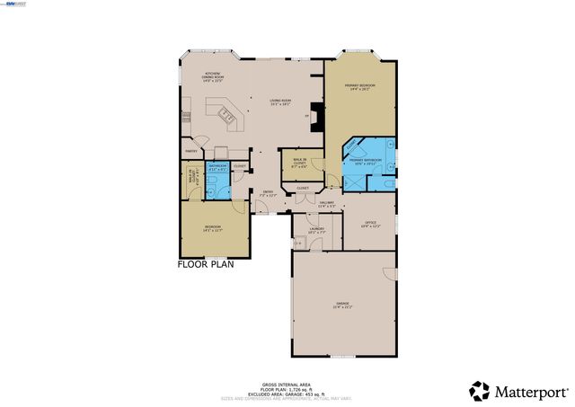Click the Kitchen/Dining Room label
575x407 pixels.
coord(214,75)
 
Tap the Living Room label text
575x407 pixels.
coord(279,102)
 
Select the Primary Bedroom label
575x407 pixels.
coord(358,87)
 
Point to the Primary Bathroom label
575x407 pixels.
coord(366,162)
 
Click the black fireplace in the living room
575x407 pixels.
coord(314,115)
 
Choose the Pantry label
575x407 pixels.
coord(190,152)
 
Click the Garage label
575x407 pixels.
coord(342,305)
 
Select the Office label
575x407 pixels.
coord(369,224)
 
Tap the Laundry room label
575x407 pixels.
coord(316,230)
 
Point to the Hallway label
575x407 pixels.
coord(327,204)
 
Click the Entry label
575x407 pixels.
coord(268,193)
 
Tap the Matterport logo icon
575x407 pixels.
coord(480,391)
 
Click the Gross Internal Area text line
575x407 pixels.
coord(287,383)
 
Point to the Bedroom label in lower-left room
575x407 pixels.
coord(212,227)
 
